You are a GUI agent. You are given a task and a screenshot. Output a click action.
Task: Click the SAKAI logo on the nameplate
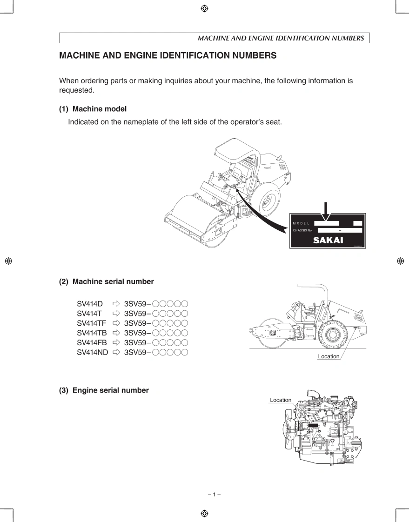(328, 240)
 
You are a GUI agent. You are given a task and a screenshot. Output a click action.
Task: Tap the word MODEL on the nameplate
(301, 224)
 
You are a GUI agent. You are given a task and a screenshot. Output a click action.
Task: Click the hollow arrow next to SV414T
(116, 314)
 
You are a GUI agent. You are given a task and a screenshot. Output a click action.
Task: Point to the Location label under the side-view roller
(329, 356)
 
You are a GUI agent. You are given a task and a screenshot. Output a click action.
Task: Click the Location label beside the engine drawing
(281, 400)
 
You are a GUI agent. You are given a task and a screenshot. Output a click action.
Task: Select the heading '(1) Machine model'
(93, 109)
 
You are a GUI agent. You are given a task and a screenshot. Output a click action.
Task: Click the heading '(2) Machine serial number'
(106, 281)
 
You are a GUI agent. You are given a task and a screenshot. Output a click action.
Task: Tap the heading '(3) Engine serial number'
(104, 390)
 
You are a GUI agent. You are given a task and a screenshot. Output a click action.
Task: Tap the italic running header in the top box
(281, 38)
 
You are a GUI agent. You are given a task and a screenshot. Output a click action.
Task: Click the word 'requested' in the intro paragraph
(76, 90)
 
